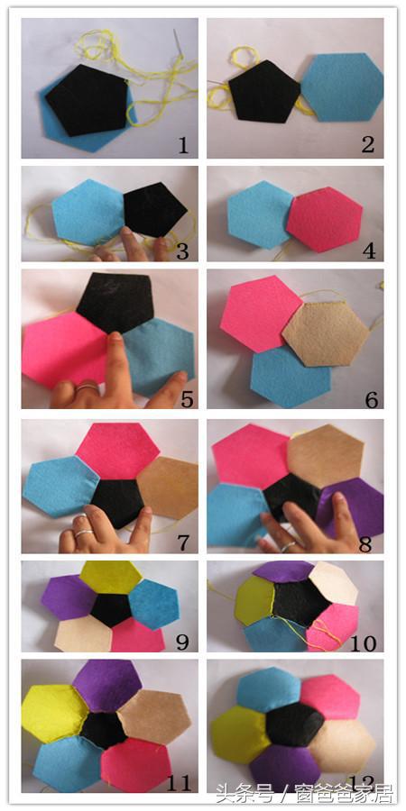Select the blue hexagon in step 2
[x=341, y=87]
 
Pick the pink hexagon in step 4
[x=323, y=219]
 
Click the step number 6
[x=367, y=396]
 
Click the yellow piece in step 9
[x=106, y=576]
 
